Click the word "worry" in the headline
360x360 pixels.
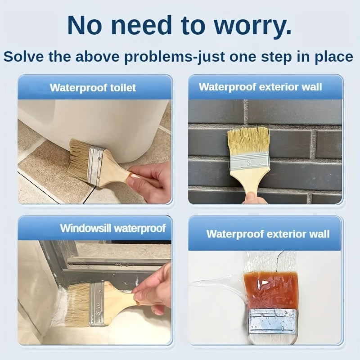click(x=252, y=26)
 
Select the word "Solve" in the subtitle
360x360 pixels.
click(x=23, y=57)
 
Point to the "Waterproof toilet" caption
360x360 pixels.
click(x=93, y=87)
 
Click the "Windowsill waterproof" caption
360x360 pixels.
click(x=112, y=228)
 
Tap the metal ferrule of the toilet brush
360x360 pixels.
click(x=95, y=166)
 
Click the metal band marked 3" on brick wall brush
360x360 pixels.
click(x=249, y=161)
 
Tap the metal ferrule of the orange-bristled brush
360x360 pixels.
click(x=272, y=320)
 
